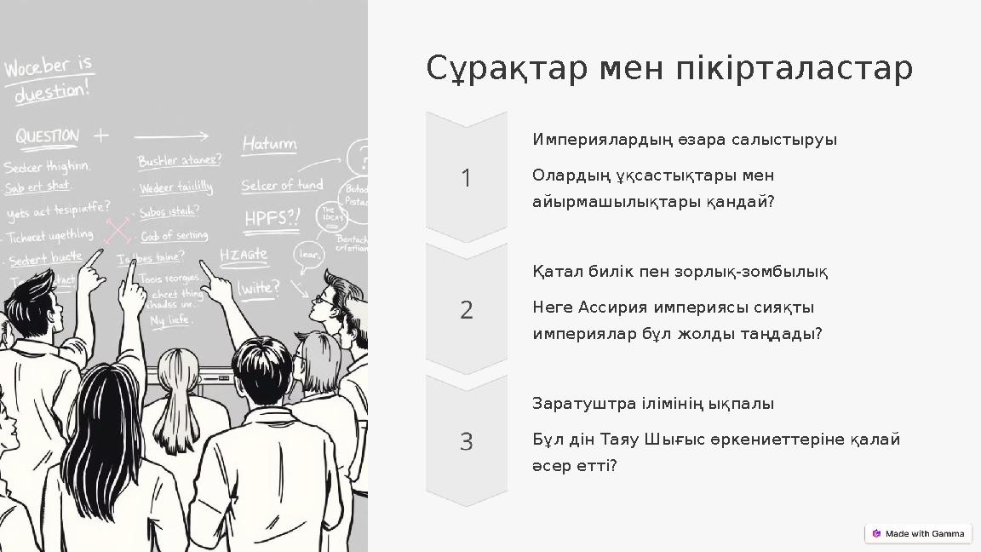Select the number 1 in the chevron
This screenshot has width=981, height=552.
coord(466,178)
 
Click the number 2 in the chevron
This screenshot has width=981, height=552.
coord(466,310)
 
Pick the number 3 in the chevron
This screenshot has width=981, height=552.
coord(466,442)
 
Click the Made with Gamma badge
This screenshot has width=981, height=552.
coord(918,533)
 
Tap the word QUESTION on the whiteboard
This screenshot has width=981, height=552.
coord(47,136)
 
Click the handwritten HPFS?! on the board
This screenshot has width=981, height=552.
coord(272,218)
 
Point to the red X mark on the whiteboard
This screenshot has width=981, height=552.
coord(118,230)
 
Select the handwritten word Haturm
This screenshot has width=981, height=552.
coord(269,144)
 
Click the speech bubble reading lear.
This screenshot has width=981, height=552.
coord(309,254)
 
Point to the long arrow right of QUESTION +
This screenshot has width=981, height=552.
coord(171,135)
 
